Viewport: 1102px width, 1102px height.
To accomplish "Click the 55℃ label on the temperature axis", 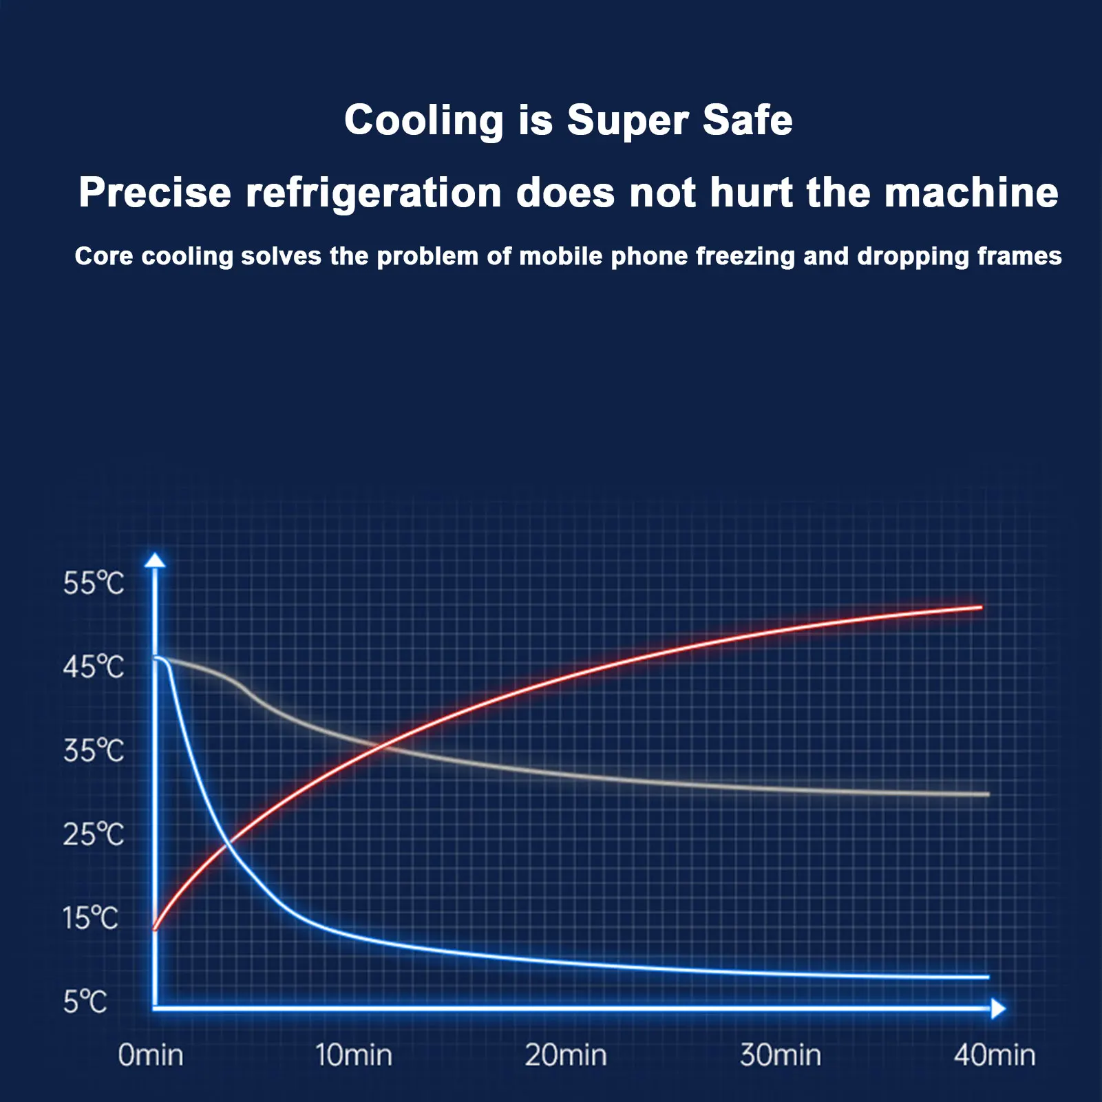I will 93,584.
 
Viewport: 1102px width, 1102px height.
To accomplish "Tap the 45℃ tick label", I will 93,667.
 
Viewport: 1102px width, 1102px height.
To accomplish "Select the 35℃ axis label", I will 93,750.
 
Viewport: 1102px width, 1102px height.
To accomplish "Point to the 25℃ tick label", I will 93,834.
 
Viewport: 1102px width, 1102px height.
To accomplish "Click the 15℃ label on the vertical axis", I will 90,918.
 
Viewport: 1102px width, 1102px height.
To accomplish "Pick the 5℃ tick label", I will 85,1002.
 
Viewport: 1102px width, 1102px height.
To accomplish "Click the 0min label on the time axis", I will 151,1055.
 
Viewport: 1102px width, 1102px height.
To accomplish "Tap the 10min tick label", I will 354,1055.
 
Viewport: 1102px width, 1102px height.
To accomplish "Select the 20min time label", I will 566,1055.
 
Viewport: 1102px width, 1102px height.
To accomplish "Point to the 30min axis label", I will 781,1055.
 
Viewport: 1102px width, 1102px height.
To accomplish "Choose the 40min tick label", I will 995,1055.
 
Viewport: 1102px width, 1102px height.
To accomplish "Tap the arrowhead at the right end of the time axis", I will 998,1009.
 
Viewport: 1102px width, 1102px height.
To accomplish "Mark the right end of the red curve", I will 980,608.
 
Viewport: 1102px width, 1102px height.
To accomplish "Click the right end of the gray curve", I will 987,794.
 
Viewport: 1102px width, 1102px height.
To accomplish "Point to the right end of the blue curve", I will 987,977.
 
